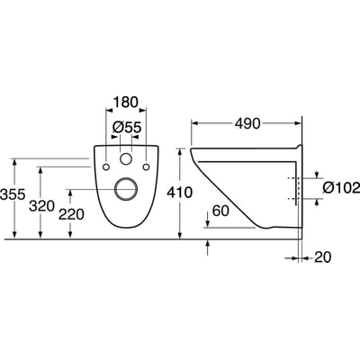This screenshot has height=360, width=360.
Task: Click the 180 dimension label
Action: [x=125, y=102]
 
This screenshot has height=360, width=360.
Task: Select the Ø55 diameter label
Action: [x=127, y=128]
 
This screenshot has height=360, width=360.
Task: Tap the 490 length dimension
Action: [x=247, y=123]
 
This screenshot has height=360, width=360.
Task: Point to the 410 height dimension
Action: [x=179, y=193]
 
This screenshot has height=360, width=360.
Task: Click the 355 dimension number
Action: [x=13, y=194]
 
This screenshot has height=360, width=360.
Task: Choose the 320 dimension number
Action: [x=42, y=206]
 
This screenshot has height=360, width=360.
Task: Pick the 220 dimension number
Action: [x=71, y=214]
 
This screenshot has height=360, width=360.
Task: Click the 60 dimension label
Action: [x=220, y=211]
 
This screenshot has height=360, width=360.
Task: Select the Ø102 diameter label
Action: [x=341, y=188]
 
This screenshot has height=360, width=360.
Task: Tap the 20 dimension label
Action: [x=323, y=257]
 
